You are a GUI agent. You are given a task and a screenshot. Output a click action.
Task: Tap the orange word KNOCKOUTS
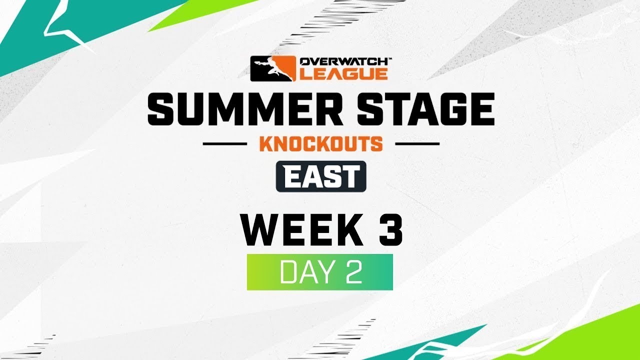pos(320,144)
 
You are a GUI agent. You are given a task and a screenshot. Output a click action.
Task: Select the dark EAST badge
pos(321,176)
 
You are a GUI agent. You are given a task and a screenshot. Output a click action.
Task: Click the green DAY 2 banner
pos(320,272)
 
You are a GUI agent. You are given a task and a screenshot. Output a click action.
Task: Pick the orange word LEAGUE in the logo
pos(343,74)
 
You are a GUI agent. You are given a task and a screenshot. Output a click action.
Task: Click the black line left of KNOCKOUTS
pos(225,144)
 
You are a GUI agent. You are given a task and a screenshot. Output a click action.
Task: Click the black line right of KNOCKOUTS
pos(417,144)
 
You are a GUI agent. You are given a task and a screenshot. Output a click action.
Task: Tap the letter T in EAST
pos(352,176)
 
